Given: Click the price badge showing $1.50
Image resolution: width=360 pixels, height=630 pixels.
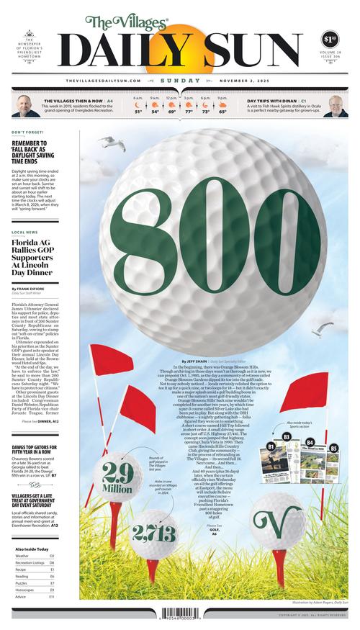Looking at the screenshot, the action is pos(330,38).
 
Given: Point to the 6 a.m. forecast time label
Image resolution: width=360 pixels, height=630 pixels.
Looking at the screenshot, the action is pos(138,98).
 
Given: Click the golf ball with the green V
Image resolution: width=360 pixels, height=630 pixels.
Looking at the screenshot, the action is pos(276,519).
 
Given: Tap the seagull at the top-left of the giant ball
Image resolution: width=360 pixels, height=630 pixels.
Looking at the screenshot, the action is pos(108,143).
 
